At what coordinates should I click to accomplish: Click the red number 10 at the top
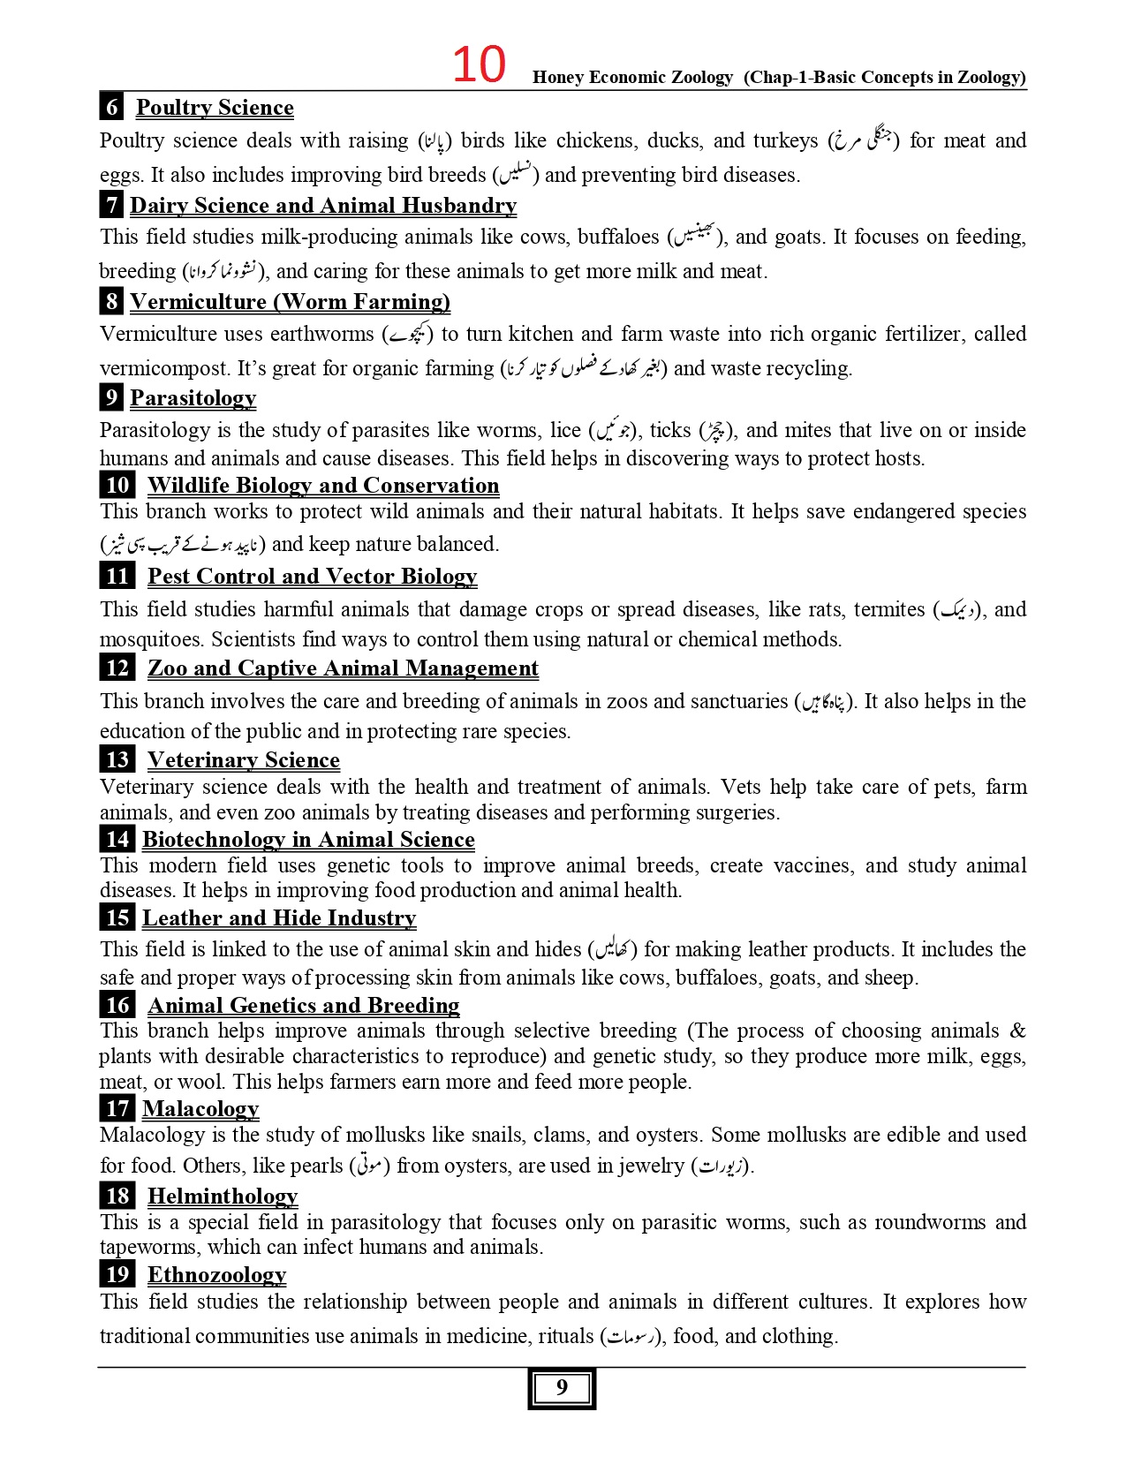coord(479,64)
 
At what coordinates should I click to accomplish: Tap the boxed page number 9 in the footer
coord(562,1388)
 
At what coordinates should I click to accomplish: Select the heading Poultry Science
coord(215,108)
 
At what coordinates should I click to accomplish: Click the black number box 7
coord(111,206)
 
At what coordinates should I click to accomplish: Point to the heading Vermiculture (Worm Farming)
coord(290,302)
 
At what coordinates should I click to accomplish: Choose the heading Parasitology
coord(193,398)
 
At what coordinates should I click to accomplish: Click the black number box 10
coord(117,486)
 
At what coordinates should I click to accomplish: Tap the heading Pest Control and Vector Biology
coord(312,577)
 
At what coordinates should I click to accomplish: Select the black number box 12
coord(117,668)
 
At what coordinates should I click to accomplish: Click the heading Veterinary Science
coord(243,760)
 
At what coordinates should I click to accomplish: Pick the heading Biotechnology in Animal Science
coord(308,840)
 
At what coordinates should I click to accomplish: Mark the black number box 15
coord(117,918)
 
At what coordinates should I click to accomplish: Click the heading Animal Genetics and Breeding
coord(303,1006)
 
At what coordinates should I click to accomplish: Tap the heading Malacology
coord(200,1109)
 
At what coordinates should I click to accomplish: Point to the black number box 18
coord(117,1197)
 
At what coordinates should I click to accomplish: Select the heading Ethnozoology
coord(216,1275)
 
